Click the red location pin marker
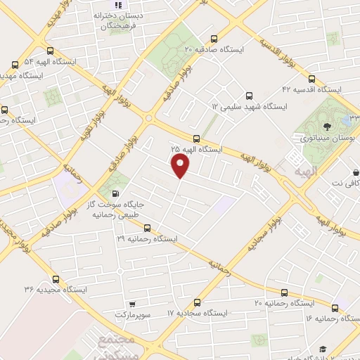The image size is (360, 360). click(181, 165)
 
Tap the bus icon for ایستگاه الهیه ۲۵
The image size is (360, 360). click(197, 138)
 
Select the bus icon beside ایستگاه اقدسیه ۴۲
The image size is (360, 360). click(311, 79)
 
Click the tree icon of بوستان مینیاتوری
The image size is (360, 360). click(328, 127)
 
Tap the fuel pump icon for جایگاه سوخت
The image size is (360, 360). click(115, 194)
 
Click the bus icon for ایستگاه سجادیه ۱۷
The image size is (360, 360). click(197, 302)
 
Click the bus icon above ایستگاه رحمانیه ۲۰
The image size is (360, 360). click(284, 292)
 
